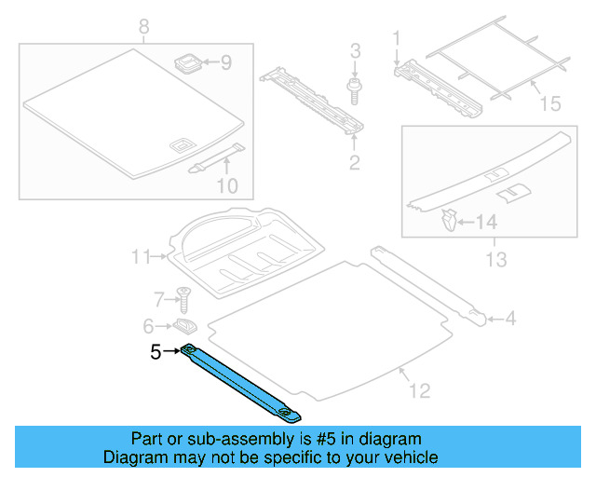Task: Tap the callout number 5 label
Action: pos(156,352)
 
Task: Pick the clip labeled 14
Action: pos(448,221)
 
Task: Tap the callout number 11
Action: pos(141,256)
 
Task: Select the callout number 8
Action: pos(142,27)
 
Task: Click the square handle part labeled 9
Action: pos(189,63)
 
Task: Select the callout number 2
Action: pos(354,165)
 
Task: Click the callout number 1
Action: pos(396,39)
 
